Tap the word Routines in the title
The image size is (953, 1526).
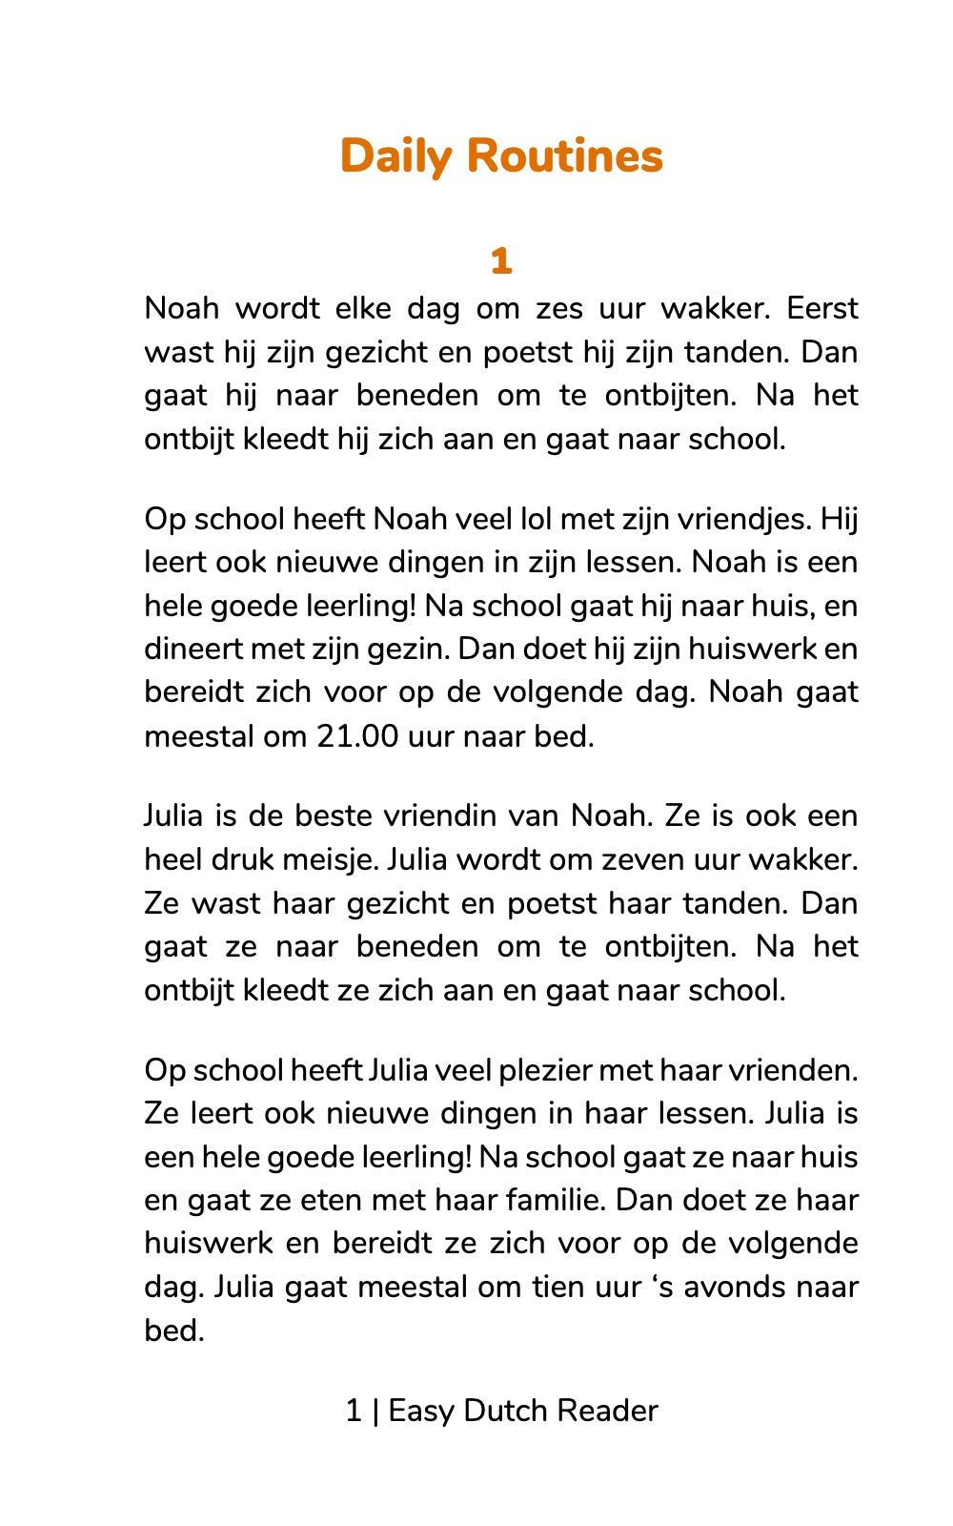(564, 156)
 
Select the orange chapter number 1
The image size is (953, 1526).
(501, 260)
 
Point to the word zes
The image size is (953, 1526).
(559, 309)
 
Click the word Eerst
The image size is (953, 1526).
(822, 309)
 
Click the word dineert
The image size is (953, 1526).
(193, 650)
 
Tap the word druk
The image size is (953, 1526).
(252, 860)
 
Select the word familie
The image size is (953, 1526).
(556, 1200)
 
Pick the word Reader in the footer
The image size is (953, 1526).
(607, 1411)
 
